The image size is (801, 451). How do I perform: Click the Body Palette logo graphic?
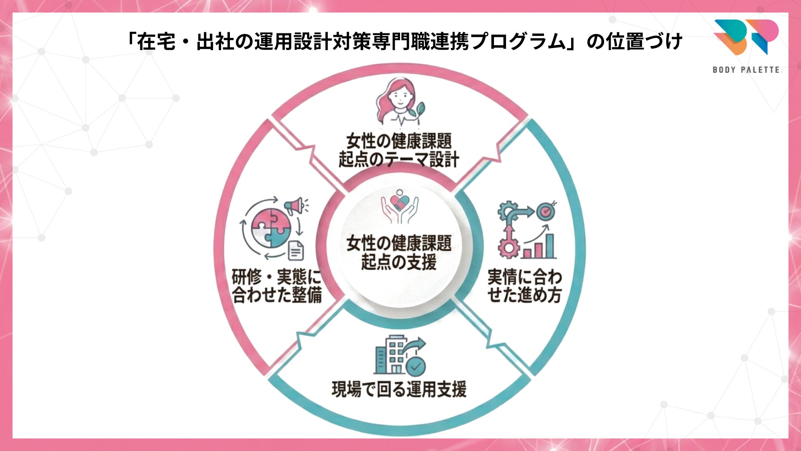[746, 37]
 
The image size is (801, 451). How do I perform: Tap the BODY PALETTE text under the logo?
[746, 70]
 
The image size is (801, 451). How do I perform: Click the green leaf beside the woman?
[418, 109]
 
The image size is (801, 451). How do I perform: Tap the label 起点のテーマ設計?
[399, 160]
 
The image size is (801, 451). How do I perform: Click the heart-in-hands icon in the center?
[399, 207]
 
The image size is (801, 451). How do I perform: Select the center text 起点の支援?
[399, 262]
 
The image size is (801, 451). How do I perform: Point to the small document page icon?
[296, 251]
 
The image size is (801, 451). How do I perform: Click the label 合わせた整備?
[277, 295]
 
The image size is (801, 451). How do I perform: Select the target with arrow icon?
[545, 211]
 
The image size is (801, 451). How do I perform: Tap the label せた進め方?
[524, 295]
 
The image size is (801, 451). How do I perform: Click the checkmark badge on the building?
[416, 367]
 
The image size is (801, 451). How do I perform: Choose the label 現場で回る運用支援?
[399, 389]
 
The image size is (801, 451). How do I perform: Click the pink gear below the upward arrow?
[509, 249]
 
